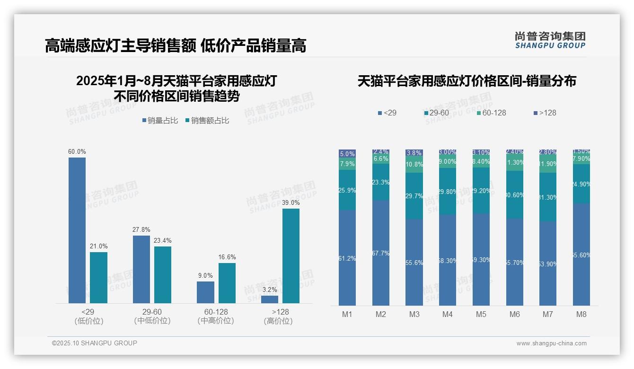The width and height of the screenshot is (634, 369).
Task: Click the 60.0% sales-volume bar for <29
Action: [77, 230]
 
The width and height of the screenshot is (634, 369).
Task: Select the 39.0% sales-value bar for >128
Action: [291, 255]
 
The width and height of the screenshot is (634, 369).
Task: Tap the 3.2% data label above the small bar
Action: [270, 290]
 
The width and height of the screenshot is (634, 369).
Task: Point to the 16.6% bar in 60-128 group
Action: [227, 283]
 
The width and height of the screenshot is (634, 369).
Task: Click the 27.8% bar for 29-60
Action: [141, 269]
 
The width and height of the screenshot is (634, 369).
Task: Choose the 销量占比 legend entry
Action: [160, 121]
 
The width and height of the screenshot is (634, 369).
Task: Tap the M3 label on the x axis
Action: [414, 314]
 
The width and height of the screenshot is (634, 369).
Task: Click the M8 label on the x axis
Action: [581, 314]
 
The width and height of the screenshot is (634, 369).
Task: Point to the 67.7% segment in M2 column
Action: [381, 253]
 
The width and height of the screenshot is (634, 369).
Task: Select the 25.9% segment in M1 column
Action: [347, 190]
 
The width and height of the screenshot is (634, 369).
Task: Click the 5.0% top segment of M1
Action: [347, 154]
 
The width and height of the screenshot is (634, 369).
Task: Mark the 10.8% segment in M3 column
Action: [414, 165]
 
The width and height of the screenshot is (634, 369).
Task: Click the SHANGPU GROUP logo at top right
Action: [550, 40]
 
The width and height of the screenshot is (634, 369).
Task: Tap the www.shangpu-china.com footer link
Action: [551, 343]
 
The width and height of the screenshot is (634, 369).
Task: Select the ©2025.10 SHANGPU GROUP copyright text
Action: [95, 343]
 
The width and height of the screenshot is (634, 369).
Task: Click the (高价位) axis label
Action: [278, 321]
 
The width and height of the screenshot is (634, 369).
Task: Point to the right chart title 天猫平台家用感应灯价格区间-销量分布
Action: [467, 81]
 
